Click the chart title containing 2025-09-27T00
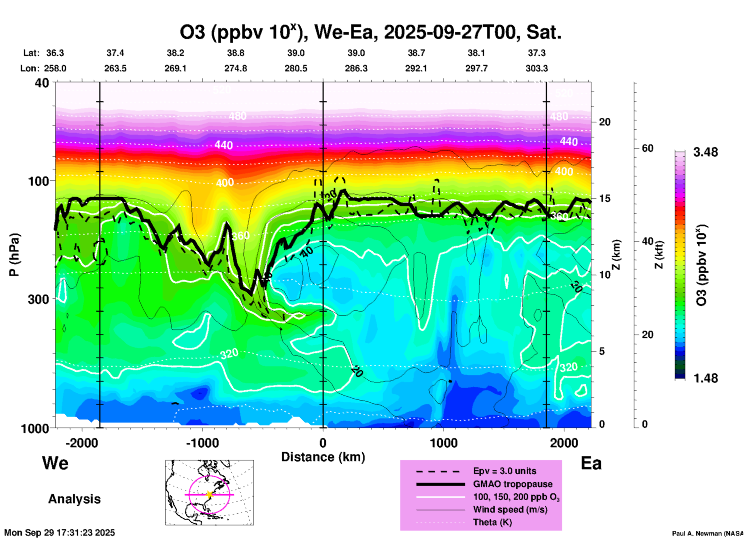tap(370, 32)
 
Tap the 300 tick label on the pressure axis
tap(38, 299)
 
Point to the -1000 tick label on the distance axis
tap(202, 443)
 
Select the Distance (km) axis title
tap(323, 457)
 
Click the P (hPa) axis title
tap(14, 255)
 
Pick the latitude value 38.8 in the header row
tap(236, 53)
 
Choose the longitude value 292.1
tap(416, 68)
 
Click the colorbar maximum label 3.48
tap(705, 152)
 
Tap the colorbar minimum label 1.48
tap(705, 378)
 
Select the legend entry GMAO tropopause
tap(513, 484)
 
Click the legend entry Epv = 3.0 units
tap(504, 471)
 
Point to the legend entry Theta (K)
tap(492, 523)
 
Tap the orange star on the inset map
tap(209, 494)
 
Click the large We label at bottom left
tap(55, 463)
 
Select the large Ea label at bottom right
tap(591, 463)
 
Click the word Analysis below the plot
tap(74, 499)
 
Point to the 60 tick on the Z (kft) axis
tap(647, 148)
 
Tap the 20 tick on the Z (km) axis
tap(605, 122)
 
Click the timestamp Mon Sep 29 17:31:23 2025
tap(59, 533)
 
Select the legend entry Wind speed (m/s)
tap(510, 509)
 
